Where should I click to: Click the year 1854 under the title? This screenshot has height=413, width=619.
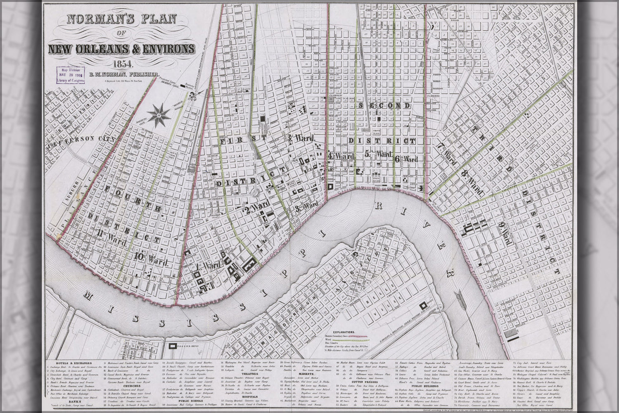click(x=121, y=64)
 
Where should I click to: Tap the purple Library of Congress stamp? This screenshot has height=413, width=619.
click(x=71, y=75)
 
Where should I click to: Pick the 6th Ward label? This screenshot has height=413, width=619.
click(x=406, y=159)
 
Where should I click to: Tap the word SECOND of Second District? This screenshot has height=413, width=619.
click(x=384, y=106)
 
